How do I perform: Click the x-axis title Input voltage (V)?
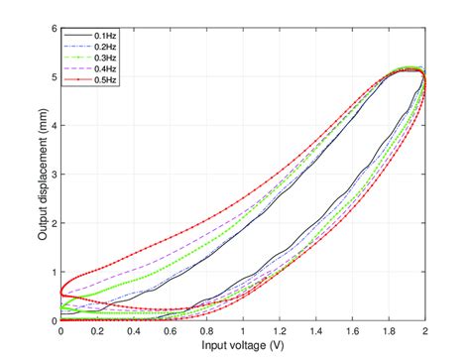click(x=243, y=345)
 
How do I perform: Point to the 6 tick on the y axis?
click(x=54, y=28)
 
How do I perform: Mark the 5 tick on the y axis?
click(x=54, y=76)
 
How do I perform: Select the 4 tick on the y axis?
click(x=54, y=125)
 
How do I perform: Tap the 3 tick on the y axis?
click(x=54, y=175)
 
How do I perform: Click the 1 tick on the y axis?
click(x=54, y=272)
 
